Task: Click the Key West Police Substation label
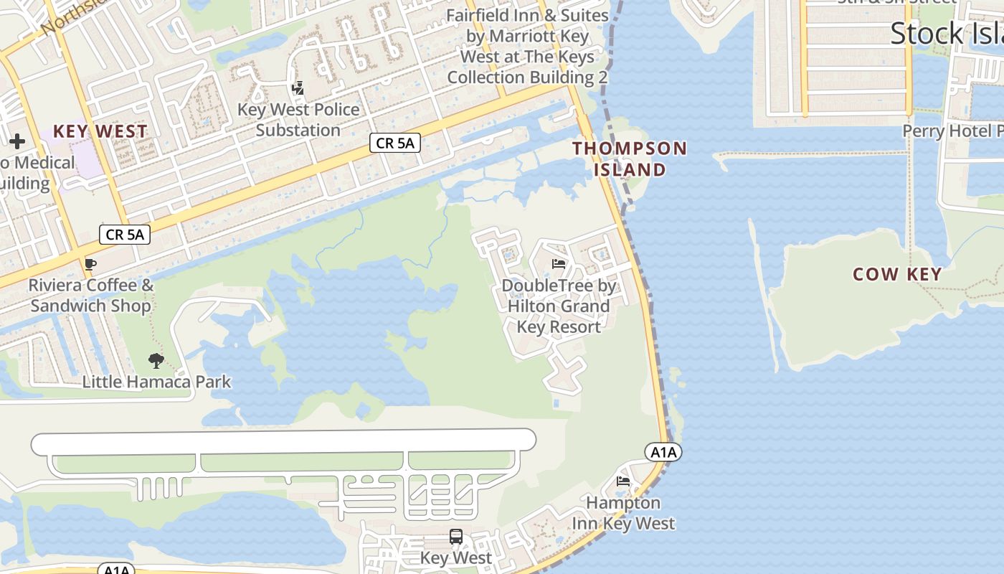[x=298, y=120]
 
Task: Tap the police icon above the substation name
[x=298, y=89]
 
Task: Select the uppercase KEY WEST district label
[x=100, y=131]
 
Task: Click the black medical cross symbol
[x=17, y=141]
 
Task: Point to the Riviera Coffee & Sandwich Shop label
[x=90, y=296]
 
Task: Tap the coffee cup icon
[x=90, y=264]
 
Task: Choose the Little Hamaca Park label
[x=156, y=382]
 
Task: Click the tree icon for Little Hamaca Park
[x=156, y=360]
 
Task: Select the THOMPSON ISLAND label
[x=630, y=159]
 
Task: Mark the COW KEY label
[x=896, y=274]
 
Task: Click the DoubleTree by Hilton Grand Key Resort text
[x=559, y=306]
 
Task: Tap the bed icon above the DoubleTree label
[x=559, y=264]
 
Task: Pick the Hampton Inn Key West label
[x=623, y=513]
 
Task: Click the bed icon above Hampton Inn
[x=623, y=481]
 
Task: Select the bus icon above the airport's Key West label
[x=456, y=536]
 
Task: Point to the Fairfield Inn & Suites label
[x=527, y=46]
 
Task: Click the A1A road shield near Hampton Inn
[x=663, y=452]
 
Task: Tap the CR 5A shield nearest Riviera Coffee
[x=125, y=234]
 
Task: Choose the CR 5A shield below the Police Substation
[x=395, y=143]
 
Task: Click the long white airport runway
[x=283, y=441]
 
